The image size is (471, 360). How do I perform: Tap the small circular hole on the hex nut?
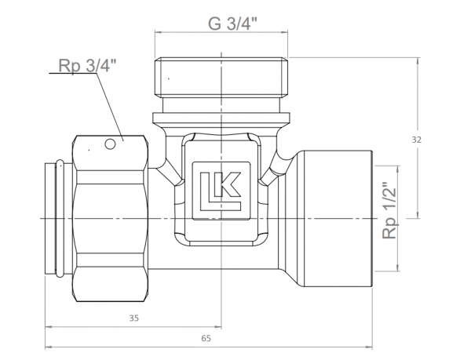tap(111, 144)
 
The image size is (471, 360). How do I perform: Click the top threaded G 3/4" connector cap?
tap(221, 75)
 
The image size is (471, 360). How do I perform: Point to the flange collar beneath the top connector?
tap(221, 118)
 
